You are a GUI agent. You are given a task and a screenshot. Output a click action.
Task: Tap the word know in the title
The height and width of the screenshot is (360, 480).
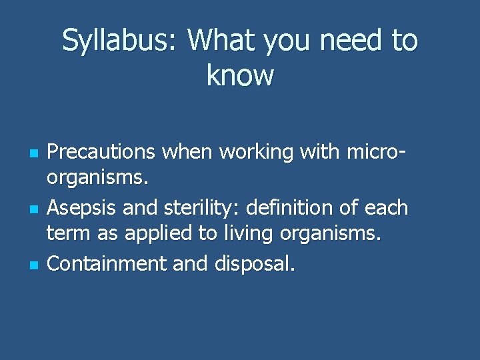(x=240, y=75)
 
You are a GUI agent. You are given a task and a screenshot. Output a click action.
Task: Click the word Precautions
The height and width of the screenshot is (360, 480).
(x=100, y=153)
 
